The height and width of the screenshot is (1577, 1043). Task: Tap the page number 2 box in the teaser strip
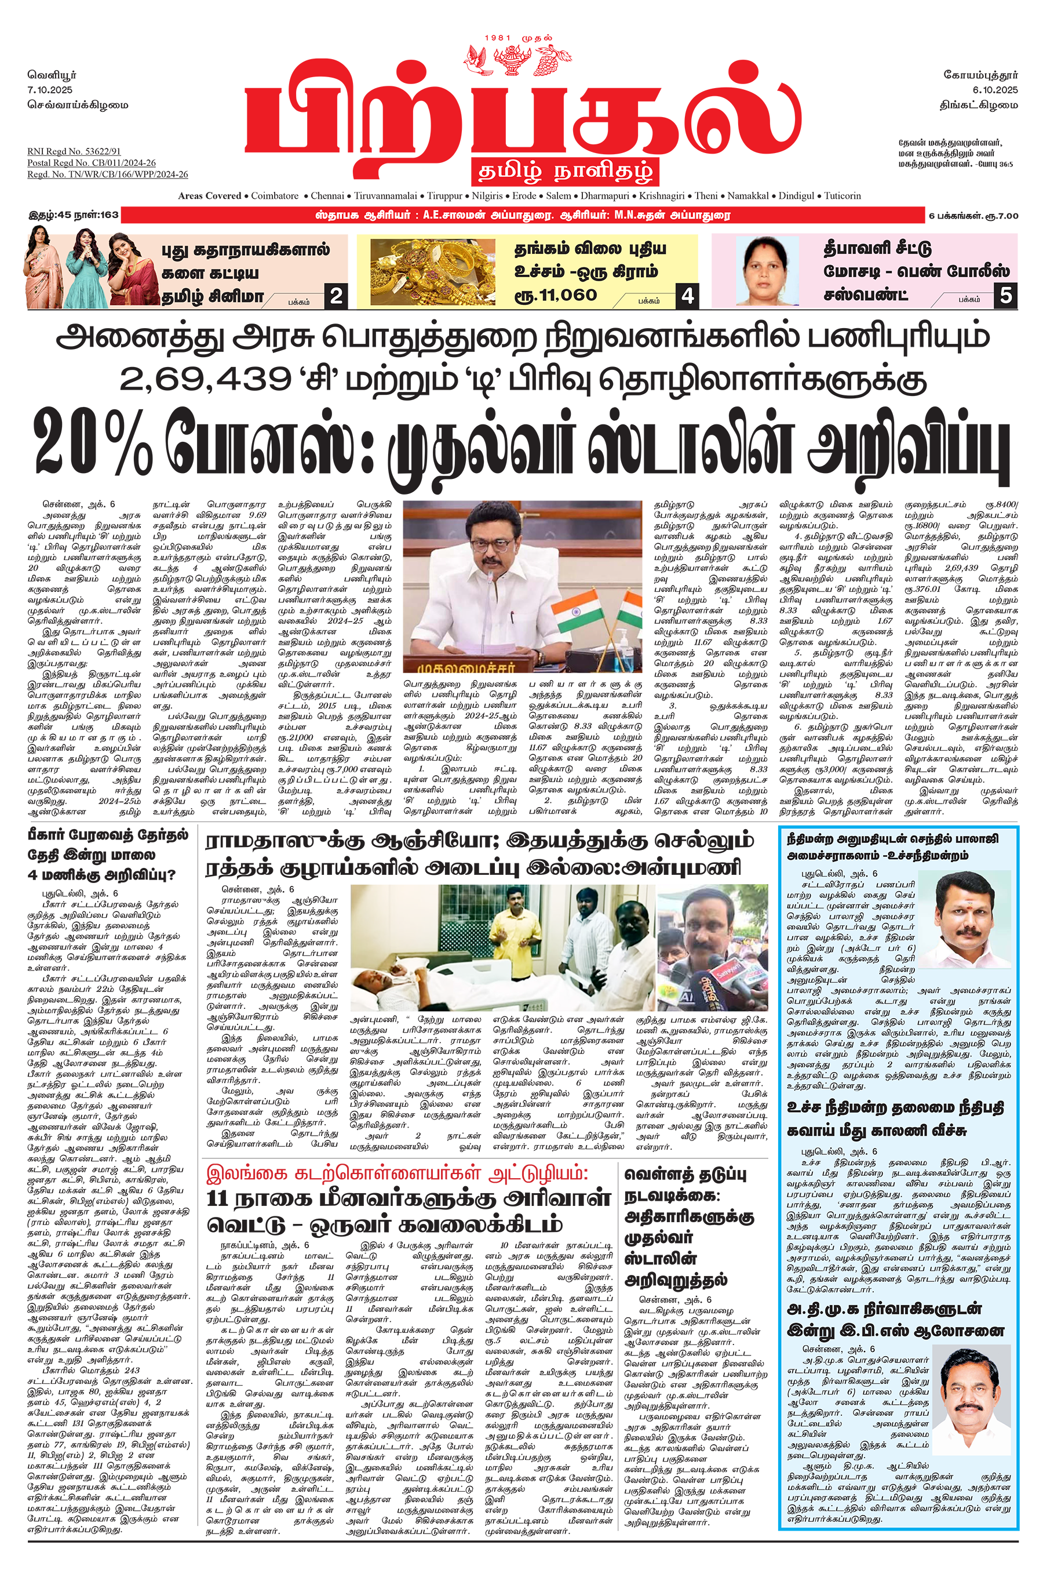coord(337,296)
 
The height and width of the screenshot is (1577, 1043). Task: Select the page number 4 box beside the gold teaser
coord(687,296)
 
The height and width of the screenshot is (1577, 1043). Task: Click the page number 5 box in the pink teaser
coord(1006,296)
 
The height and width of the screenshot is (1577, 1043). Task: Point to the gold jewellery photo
coord(432,272)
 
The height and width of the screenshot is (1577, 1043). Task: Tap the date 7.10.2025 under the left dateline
coord(50,90)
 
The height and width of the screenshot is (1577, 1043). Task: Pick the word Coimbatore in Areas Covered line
coord(275,195)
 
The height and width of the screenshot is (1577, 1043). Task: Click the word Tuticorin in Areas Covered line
coord(842,195)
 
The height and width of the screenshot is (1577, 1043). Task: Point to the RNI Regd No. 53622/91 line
coord(74,152)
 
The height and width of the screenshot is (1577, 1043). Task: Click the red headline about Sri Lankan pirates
coord(397,1172)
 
